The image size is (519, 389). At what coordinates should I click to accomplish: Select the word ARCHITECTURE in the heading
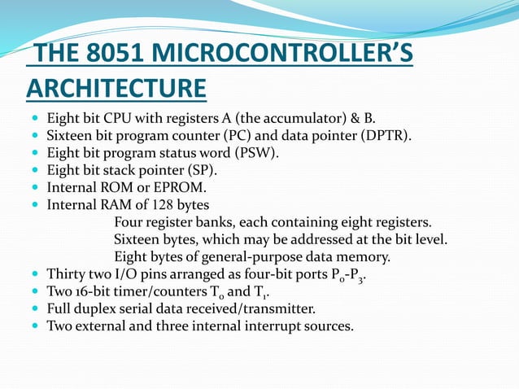click(116, 87)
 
